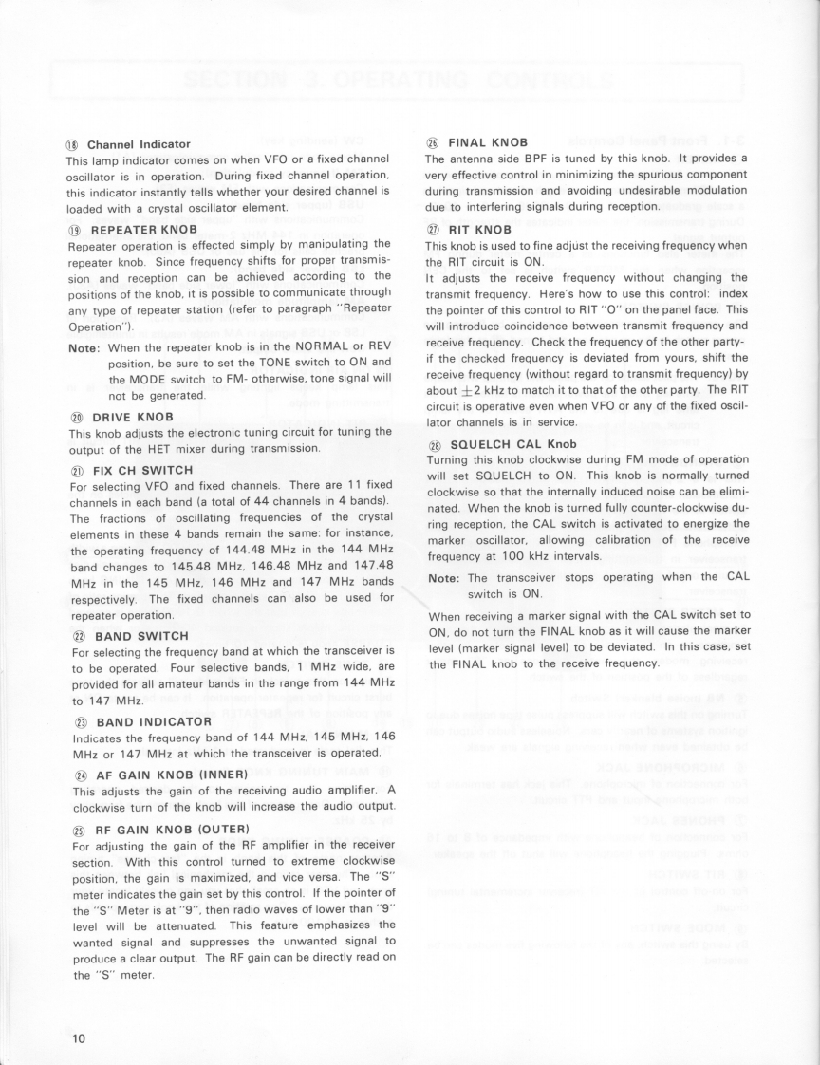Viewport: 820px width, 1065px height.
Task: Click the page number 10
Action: tap(79, 1038)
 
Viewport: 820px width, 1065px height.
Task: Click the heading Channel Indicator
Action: tap(139, 144)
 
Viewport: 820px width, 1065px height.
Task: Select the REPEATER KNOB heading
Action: tap(142, 229)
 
